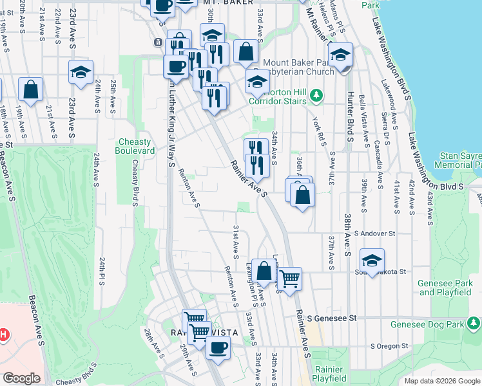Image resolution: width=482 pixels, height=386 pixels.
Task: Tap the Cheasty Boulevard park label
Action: (x=136, y=146)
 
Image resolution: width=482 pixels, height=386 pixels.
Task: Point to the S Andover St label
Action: (x=374, y=234)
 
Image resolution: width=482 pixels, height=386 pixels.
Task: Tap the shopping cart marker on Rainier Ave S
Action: (x=290, y=279)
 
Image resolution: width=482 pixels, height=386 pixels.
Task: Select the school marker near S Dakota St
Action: (x=372, y=261)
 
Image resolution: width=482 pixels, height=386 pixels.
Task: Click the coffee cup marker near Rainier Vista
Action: (x=218, y=347)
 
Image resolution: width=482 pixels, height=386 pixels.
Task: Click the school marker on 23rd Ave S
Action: (x=81, y=72)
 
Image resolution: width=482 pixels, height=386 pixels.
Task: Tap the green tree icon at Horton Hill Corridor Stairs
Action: (x=316, y=96)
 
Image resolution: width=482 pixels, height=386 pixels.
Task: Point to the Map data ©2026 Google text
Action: (x=442, y=381)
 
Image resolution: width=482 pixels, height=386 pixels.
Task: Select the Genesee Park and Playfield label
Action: (x=445, y=288)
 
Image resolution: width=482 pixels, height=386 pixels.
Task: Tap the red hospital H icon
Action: (x=3, y=335)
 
